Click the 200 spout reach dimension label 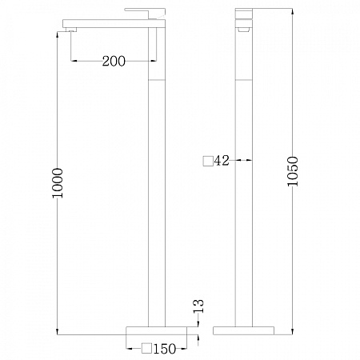114,61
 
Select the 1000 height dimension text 58,183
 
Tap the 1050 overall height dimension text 293,171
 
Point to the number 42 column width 222,161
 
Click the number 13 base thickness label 199,306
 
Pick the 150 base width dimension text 165,349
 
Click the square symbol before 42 208,161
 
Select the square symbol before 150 147,348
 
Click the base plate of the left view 157,330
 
